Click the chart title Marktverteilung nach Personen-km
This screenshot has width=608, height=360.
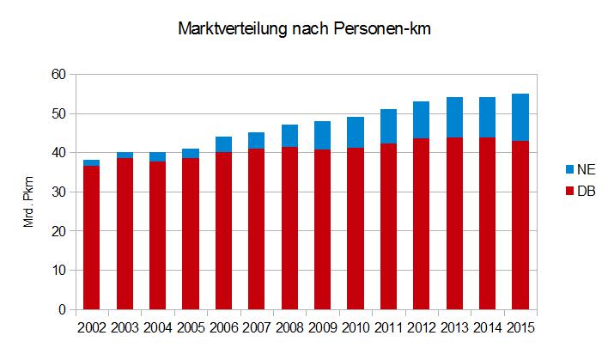point(304,29)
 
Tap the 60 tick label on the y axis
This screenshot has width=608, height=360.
point(58,75)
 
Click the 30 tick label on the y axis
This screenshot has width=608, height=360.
point(58,192)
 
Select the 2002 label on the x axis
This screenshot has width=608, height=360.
point(91,327)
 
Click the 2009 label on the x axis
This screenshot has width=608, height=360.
point(322,327)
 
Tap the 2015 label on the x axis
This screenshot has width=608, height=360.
point(520,327)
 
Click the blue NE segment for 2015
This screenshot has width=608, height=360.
point(520,117)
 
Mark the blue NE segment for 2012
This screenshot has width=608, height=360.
point(421,119)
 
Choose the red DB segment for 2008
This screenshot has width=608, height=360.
point(289,228)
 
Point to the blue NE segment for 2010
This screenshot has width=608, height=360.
point(355,132)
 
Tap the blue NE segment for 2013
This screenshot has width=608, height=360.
point(454,118)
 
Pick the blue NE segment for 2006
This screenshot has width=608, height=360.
point(223,144)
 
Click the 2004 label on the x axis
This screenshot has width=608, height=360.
point(157,327)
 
